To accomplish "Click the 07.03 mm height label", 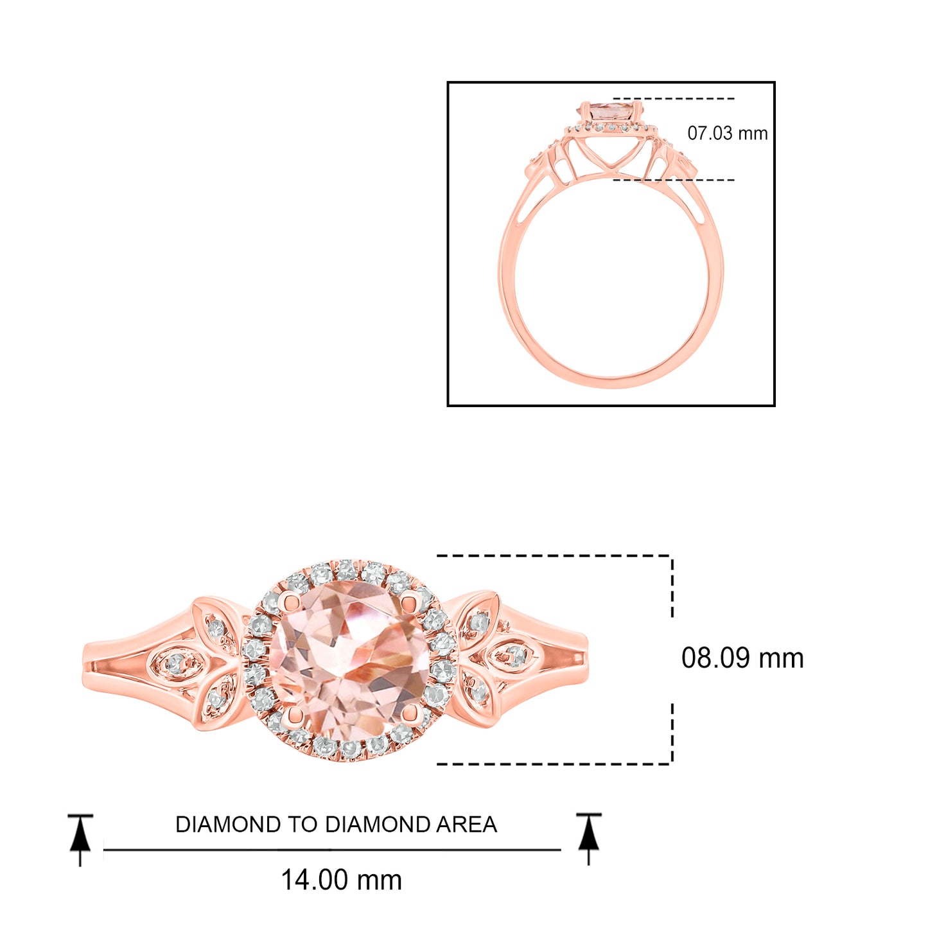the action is tap(727, 134).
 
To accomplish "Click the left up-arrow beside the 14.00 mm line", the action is tap(80, 840).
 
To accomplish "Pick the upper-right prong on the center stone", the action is tap(409, 600).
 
